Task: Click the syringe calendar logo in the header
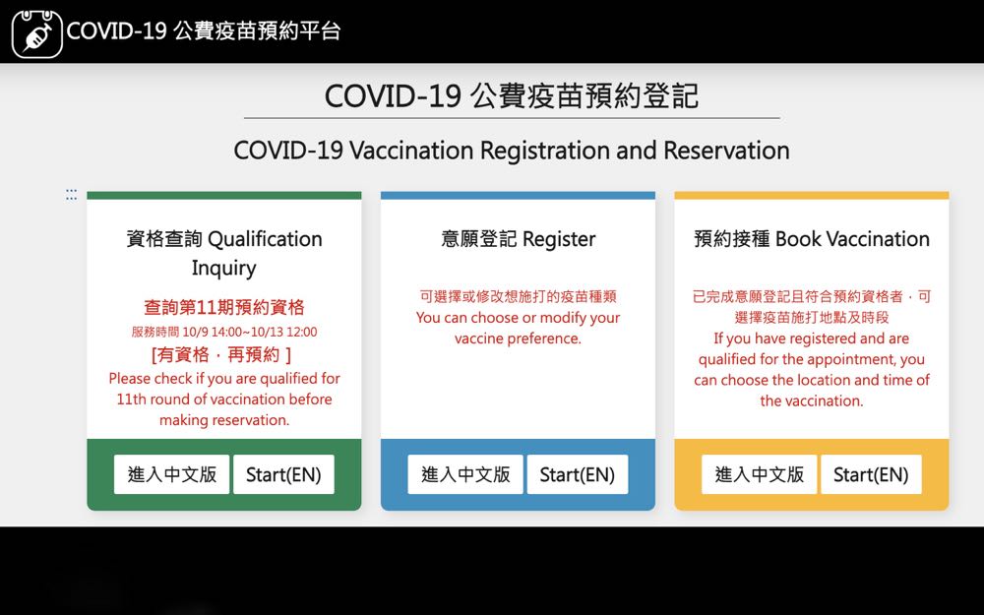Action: coord(37,33)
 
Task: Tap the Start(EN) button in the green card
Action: coord(283,474)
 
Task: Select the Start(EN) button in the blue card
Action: coord(578,474)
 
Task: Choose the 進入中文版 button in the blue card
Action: coord(465,474)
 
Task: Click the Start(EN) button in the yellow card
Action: coord(871,474)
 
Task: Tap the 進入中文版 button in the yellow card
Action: coord(759,474)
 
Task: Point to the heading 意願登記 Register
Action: coord(518,239)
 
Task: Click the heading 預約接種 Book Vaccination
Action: coord(812,239)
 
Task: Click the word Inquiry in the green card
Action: coord(224,269)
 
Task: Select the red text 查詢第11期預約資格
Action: coord(224,307)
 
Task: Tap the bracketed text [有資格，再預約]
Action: coord(221,355)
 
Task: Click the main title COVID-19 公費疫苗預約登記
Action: coord(512,96)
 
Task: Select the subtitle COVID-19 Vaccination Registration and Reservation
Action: coord(512,151)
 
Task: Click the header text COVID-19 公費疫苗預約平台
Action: coord(204,31)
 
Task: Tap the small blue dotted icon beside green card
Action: coord(72,195)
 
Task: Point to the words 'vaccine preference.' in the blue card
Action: coord(518,338)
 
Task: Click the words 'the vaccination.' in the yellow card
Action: coord(812,401)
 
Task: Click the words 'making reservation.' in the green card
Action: coord(224,420)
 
